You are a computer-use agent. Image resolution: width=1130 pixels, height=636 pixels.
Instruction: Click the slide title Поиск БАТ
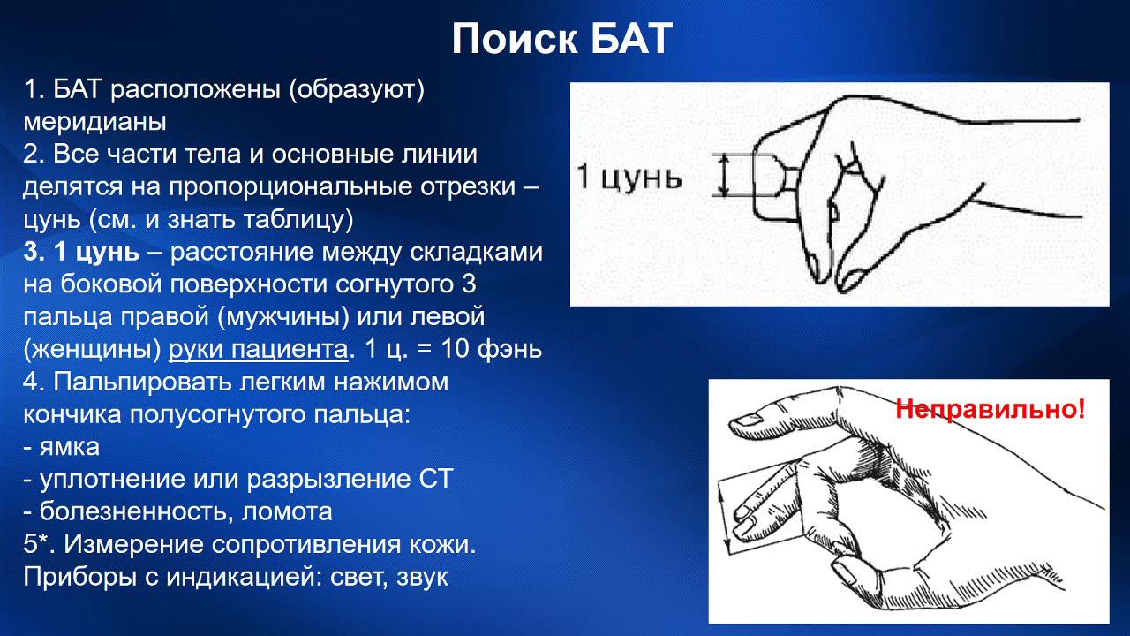coord(562,39)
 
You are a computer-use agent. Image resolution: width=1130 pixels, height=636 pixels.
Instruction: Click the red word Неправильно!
coord(990,410)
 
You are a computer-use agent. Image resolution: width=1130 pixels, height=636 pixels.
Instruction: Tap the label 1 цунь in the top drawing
coord(629,177)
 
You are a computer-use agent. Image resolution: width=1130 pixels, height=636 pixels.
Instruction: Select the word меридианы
coord(95,121)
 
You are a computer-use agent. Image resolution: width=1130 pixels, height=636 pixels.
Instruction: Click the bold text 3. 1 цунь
coord(81,252)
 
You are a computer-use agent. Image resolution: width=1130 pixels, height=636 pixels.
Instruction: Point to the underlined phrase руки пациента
coord(258,350)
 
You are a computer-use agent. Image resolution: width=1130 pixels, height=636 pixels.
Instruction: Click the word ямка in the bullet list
coord(70,447)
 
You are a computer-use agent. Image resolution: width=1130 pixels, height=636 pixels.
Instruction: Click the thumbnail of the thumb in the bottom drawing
coord(846,575)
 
